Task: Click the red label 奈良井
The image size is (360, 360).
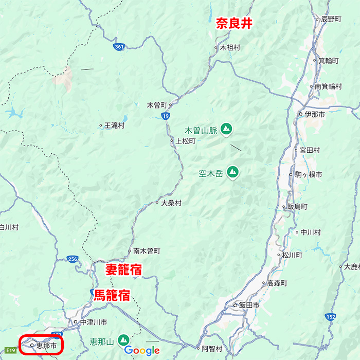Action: [234, 23]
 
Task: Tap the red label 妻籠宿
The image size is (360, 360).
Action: [124, 270]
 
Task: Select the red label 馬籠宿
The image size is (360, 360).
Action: [112, 295]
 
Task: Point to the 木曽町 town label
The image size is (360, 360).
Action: [157, 105]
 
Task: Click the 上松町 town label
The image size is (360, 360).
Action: [186, 140]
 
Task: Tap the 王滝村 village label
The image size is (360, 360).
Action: [115, 125]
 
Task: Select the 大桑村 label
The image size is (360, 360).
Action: [171, 203]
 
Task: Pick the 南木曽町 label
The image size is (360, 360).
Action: [147, 251]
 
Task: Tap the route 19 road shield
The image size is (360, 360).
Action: [165, 117]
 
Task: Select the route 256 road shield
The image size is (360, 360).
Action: [73, 259]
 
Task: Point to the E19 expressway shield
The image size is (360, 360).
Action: [11, 350]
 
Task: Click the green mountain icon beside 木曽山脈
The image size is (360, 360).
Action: [227, 130]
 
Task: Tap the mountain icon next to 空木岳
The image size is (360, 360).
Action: [233, 172]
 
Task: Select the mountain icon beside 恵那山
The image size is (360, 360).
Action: [123, 340]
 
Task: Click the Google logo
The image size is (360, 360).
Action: [142, 351]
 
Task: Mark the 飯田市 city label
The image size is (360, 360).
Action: [249, 305]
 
